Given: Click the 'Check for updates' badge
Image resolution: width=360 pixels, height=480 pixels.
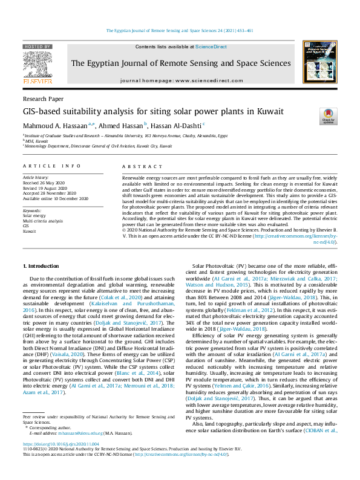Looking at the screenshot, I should click(328, 116).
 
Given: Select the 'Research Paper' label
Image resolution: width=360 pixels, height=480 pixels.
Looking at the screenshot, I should click(42, 98).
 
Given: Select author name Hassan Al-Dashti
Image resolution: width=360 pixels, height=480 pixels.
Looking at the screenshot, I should click(178, 125).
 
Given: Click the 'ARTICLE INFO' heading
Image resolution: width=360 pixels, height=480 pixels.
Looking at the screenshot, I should click(51, 166).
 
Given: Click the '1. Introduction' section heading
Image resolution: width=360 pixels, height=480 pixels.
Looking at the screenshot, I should click(41, 266).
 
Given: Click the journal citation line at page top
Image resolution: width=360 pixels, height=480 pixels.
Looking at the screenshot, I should click(180, 30).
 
